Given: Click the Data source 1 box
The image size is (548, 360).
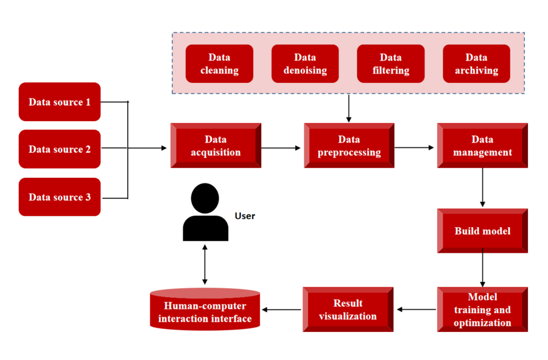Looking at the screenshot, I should click(x=59, y=102).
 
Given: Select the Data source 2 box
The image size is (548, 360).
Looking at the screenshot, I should click(x=59, y=149).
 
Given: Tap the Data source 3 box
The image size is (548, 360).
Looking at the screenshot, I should click(x=59, y=197).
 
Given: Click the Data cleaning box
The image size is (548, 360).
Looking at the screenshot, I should click(x=219, y=64).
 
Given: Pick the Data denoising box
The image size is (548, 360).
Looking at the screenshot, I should click(x=304, y=64).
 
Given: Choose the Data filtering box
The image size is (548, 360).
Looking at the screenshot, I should click(x=390, y=64).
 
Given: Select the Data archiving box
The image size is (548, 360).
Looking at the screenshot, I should click(x=476, y=64).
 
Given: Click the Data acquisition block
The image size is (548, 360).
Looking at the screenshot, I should click(x=216, y=146).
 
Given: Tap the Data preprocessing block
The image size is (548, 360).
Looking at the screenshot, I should click(x=349, y=146).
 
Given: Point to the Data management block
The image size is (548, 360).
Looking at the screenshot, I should click(x=482, y=146).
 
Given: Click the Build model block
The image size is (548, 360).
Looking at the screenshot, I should click(x=482, y=231).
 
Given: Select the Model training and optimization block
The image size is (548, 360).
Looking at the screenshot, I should click(x=482, y=309).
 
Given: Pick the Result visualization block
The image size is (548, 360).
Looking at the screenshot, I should click(x=348, y=309).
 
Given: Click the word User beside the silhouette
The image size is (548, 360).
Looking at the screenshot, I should click(x=245, y=216).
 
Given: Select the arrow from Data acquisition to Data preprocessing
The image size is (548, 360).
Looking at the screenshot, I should click(x=282, y=147).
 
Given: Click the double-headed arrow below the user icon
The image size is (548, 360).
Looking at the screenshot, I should click(x=205, y=265).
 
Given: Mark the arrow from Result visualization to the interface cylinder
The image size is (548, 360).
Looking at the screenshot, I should click(x=281, y=309).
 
